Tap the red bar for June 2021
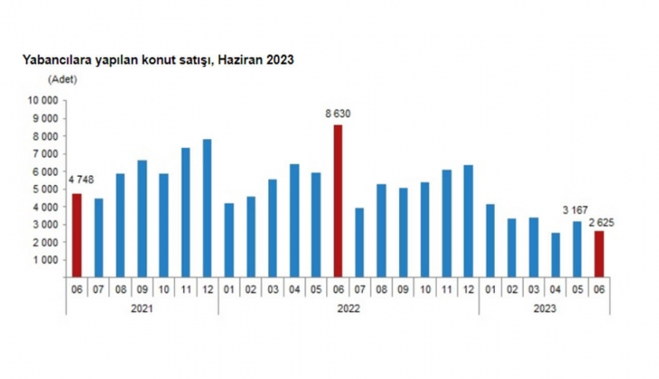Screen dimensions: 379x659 (77, 236)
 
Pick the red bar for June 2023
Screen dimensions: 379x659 (599, 254)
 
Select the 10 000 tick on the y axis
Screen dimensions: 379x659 (43, 101)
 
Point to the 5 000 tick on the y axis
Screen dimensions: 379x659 (45, 189)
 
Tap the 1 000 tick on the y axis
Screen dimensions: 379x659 (45, 260)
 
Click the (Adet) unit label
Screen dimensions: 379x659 (63, 80)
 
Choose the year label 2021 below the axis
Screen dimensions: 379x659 (142, 308)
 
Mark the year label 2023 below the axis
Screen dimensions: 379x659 (544, 308)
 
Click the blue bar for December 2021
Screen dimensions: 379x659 (208, 208)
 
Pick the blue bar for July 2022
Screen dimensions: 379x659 (359, 242)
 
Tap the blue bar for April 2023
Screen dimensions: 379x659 (555, 254)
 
